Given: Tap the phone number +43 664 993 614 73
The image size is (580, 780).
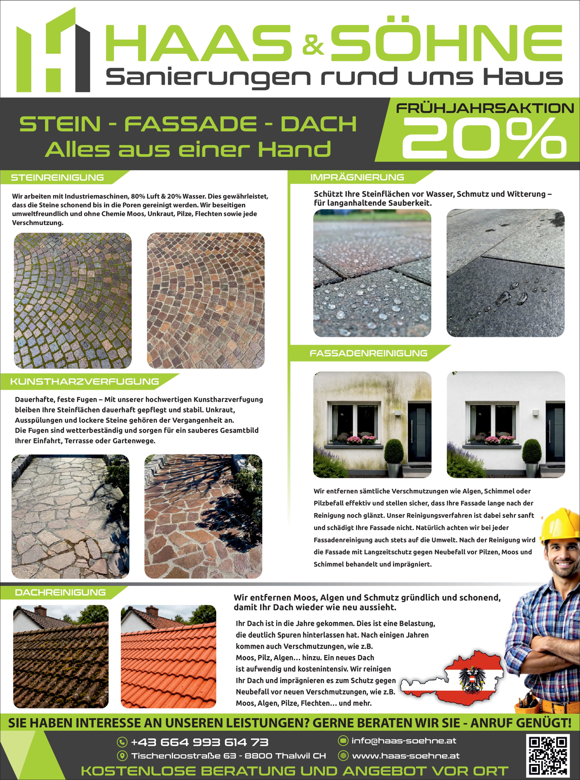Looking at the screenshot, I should pyautogui.click(x=199, y=742).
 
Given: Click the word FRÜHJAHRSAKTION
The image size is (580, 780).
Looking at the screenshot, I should pyautogui.click(x=484, y=108).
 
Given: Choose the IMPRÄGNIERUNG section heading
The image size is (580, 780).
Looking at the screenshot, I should pyautogui.click(x=357, y=177).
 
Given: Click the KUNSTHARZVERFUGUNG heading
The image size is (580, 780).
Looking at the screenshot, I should pyautogui.click(x=85, y=381).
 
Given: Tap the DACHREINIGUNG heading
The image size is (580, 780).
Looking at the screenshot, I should pyautogui.click(x=60, y=592).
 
